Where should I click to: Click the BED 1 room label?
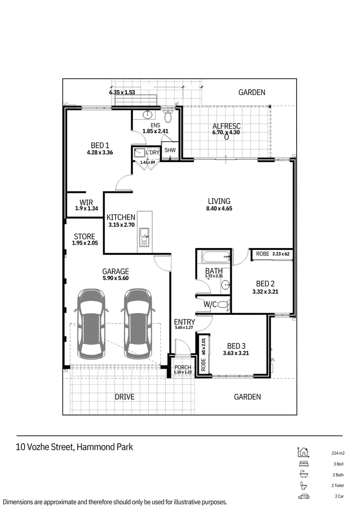point(100,145)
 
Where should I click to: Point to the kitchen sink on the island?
point(144,235)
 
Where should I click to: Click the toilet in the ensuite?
point(168,117)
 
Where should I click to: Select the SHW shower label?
point(170,150)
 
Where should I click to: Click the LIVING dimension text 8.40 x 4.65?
point(219,209)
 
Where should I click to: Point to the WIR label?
point(86,202)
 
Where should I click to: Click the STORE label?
point(84,237)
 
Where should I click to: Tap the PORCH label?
point(183,367)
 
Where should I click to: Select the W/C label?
point(210,304)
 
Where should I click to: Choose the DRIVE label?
point(124,397)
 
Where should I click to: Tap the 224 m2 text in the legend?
point(338,453)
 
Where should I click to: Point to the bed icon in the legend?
point(303,464)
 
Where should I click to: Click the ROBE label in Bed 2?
point(263,254)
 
